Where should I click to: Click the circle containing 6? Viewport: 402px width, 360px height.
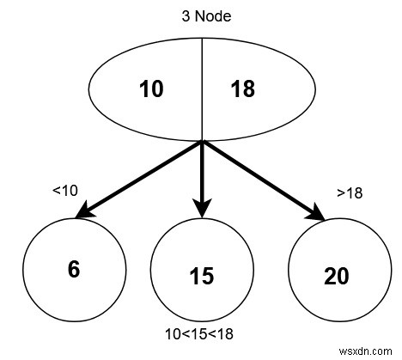pyautogui.click(x=74, y=269)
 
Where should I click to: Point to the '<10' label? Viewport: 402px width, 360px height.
pyautogui.click(x=65, y=191)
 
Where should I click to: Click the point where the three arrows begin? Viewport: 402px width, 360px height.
pyautogui.click(x=201, y=143)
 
